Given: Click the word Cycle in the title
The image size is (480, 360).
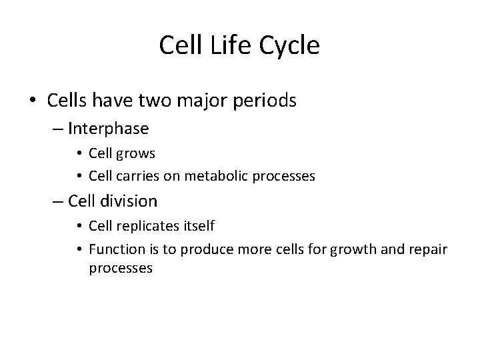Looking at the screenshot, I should coord(288,45).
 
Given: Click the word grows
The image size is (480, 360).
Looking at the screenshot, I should coord(137,153).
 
